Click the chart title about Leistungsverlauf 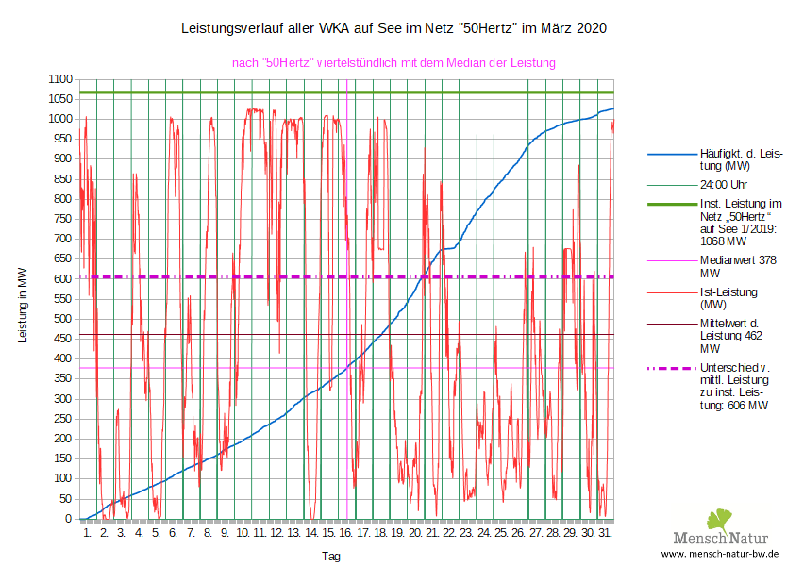393,29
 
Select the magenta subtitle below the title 393,62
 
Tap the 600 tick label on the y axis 61,279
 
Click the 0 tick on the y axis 68,519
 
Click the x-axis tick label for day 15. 328,534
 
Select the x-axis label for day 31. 605,534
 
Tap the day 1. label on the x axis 87,534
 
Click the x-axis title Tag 331,556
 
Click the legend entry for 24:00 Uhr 724,185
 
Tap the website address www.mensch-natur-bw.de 719,555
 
